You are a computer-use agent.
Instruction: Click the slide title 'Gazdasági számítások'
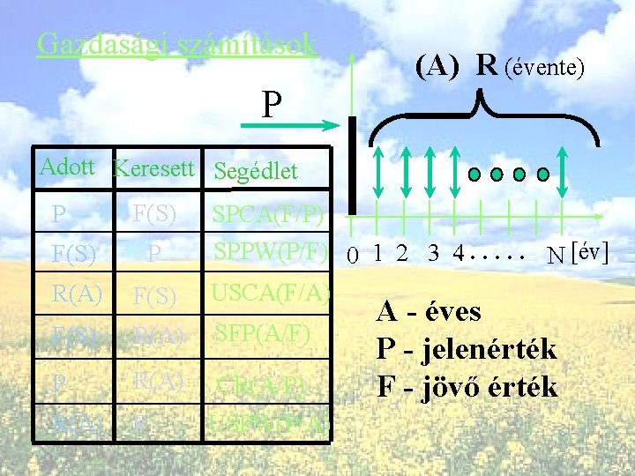pos(176,44)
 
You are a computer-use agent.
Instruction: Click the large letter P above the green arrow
pos(272,105)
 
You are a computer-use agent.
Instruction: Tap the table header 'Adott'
pos(68,167)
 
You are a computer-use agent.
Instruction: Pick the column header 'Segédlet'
pos(256,171)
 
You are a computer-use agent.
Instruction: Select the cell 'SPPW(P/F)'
pos(270,250)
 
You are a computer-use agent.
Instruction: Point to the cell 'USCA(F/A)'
pos(270,292)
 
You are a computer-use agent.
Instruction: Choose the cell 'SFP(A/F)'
pos(262,332)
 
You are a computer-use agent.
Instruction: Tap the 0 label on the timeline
pos(352,257)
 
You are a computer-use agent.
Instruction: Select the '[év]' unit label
pos(590,253)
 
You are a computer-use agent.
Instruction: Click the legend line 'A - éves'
pos(429,311)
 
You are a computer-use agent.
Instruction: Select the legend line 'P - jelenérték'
pos(467,349)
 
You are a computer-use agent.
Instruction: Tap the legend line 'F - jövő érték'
pos(467,386)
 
